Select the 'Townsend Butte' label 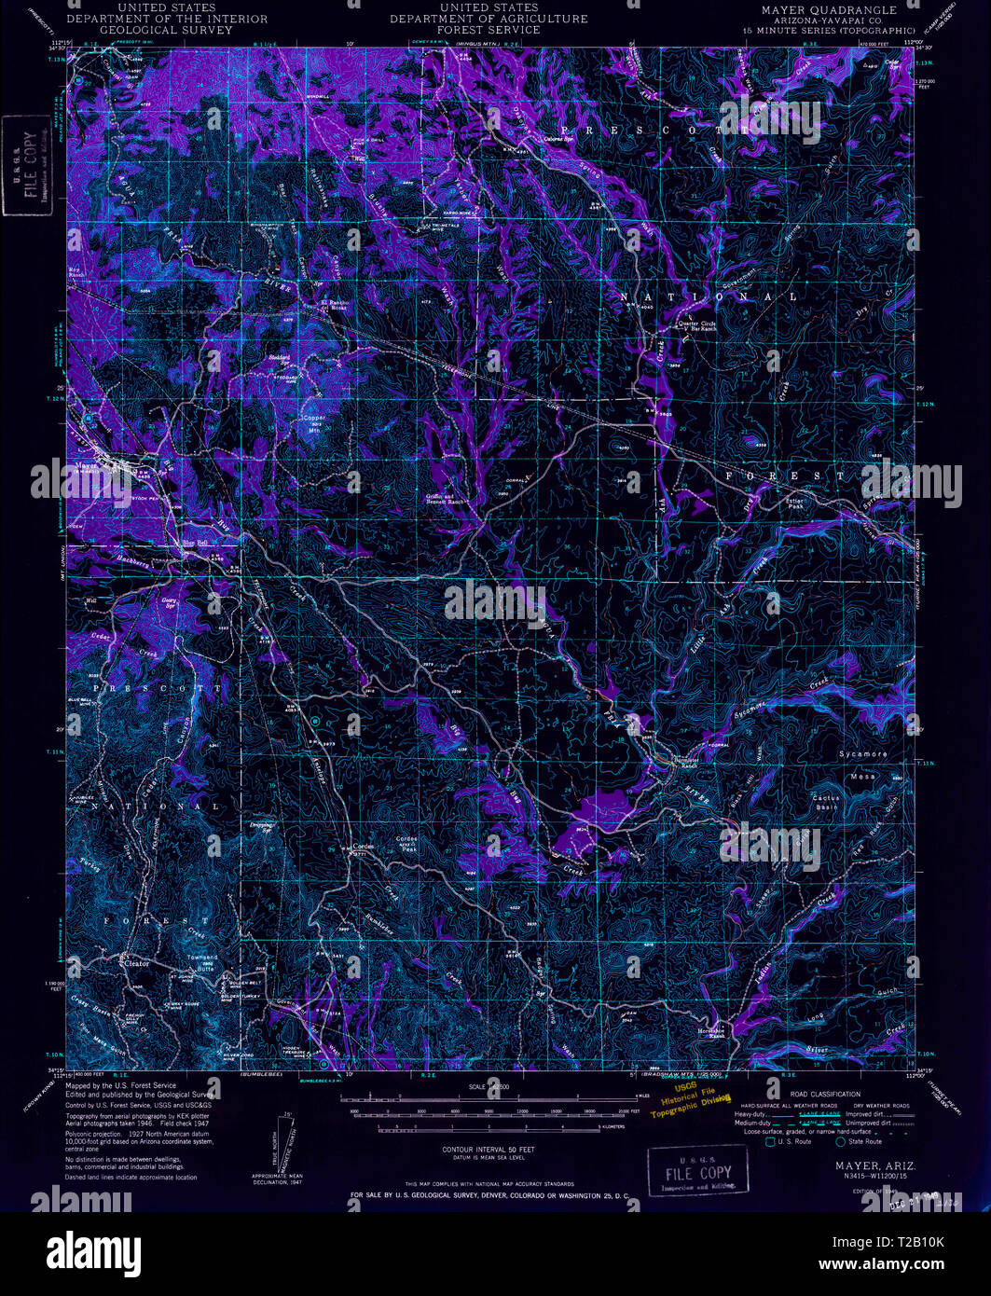tap(202, 962)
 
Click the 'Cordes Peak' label tap(407, 842)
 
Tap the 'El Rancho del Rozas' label tap(333, 306)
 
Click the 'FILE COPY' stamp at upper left tap(26, 166)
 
